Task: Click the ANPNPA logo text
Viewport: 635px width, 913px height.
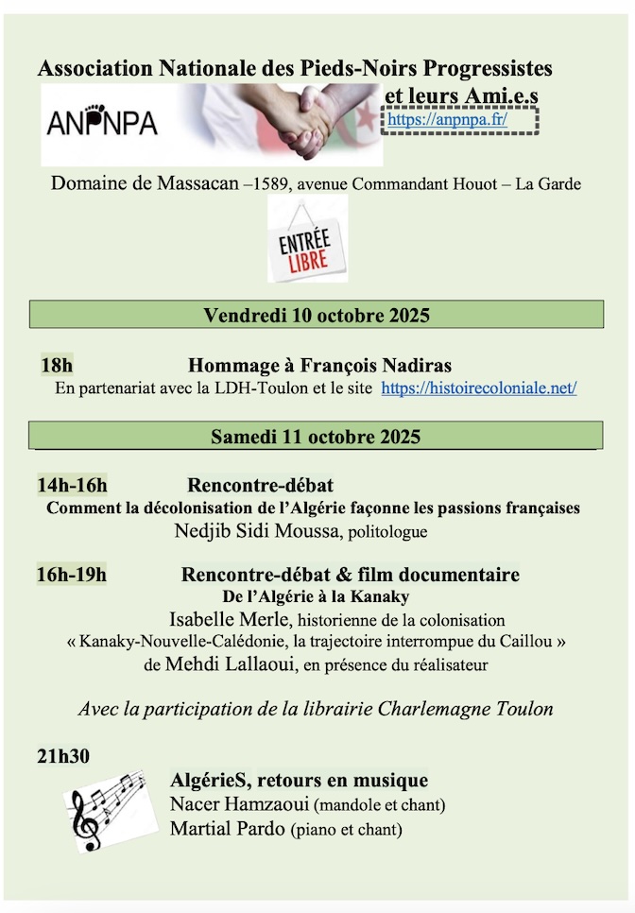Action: tap(103, 124)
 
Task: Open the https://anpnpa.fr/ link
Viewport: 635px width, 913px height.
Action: tap(447, 120)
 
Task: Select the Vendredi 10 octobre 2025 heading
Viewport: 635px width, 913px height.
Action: tap(317, 315)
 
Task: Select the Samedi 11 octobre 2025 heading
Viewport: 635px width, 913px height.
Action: tap(316, 437)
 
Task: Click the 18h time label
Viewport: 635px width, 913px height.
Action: tap(57, 366)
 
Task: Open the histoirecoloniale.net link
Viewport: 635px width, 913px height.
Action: tap(479, 388)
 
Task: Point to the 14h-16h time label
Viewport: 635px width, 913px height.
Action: tap(72, 487)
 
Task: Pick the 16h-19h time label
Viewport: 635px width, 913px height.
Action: tap(72, 575)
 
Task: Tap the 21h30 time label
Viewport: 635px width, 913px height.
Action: tap(63, 756)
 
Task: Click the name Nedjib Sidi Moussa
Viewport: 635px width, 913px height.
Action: tap(258, 531)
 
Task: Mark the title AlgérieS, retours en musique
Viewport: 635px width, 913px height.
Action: tap(299, 781)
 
